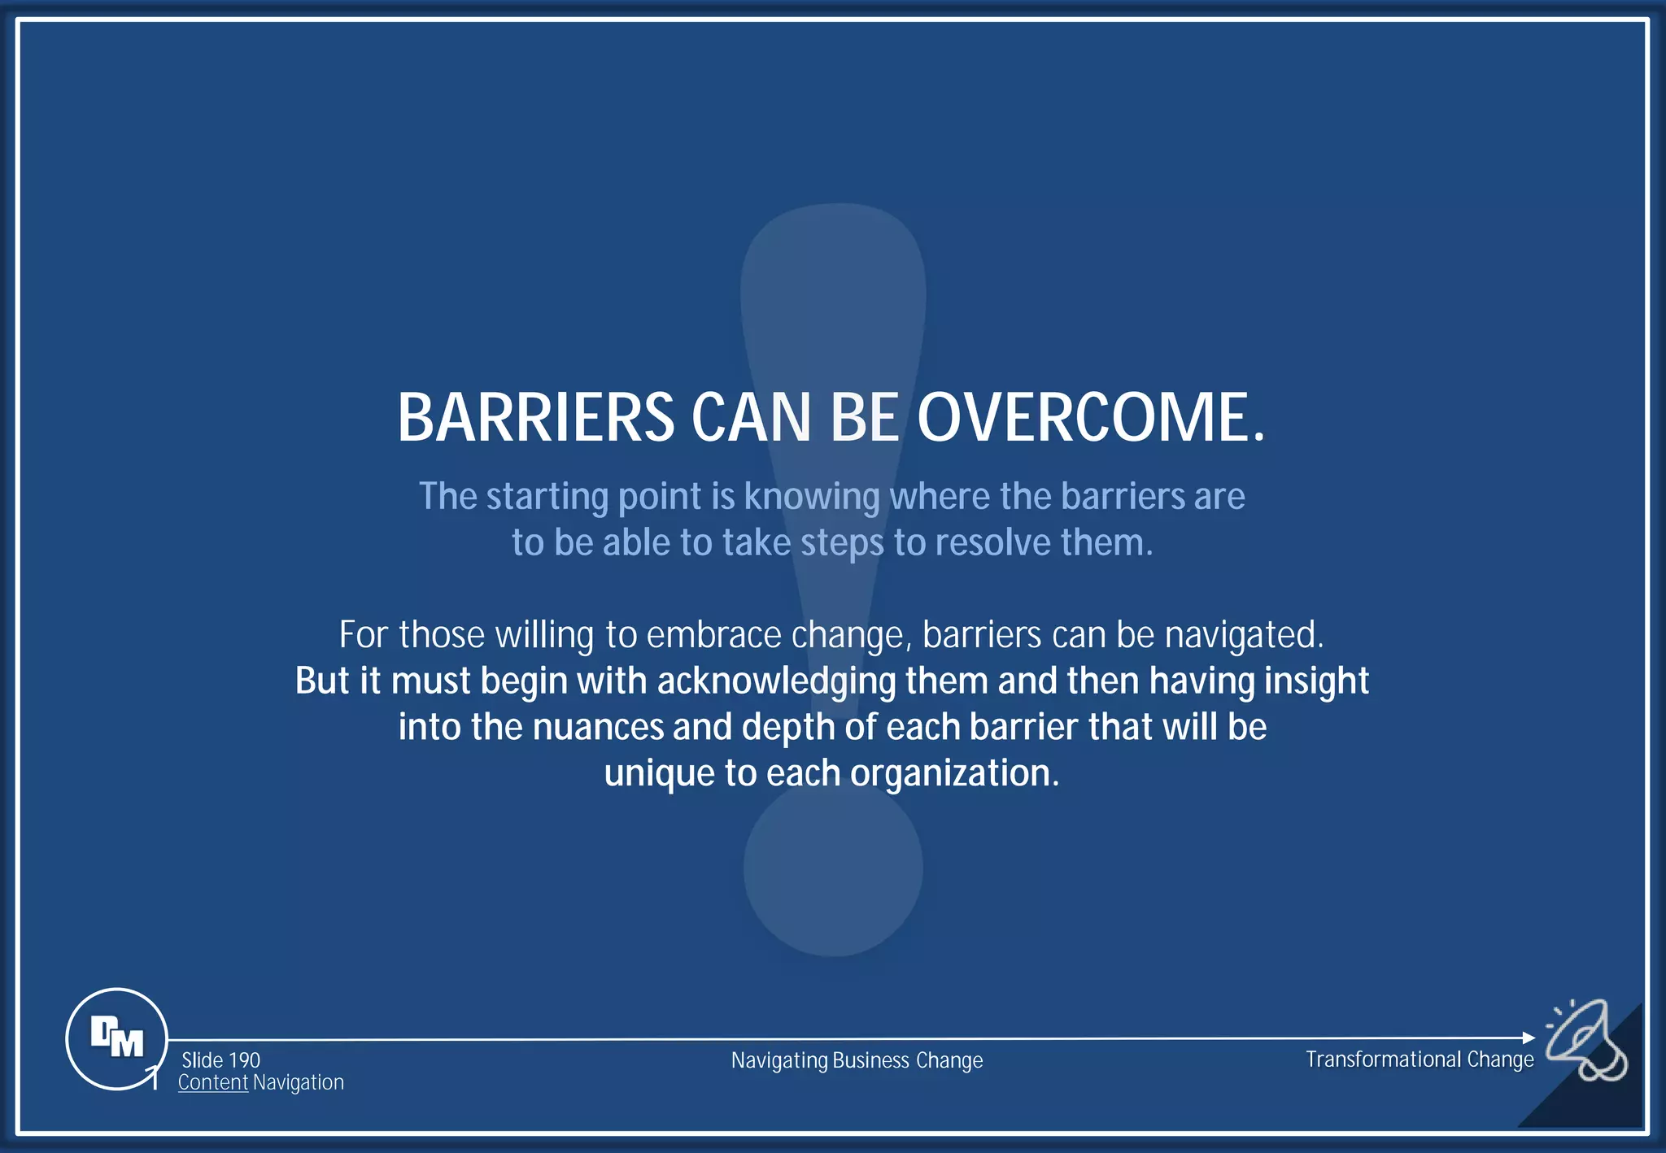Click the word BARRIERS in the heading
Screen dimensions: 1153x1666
[535, 418]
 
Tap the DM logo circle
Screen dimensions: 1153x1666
[116, 1038]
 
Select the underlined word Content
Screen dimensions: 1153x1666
[212, 1083]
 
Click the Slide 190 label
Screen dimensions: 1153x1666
[220, 1060]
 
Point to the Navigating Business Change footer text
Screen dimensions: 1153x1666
[857, 1060]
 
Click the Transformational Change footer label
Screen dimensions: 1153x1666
[1420, 1059]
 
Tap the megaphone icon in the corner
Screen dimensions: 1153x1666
[1585, 1042]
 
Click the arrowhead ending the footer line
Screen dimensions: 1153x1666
[1529, 1038]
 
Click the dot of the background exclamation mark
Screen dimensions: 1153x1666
[832, 868]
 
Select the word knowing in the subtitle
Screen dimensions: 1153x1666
[811, 497]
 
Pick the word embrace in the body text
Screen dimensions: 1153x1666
[713, 635]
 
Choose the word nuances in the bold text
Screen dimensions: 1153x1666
[598, 727]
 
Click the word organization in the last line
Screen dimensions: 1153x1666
[954, 773]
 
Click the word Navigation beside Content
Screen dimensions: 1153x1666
[299, 1083]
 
